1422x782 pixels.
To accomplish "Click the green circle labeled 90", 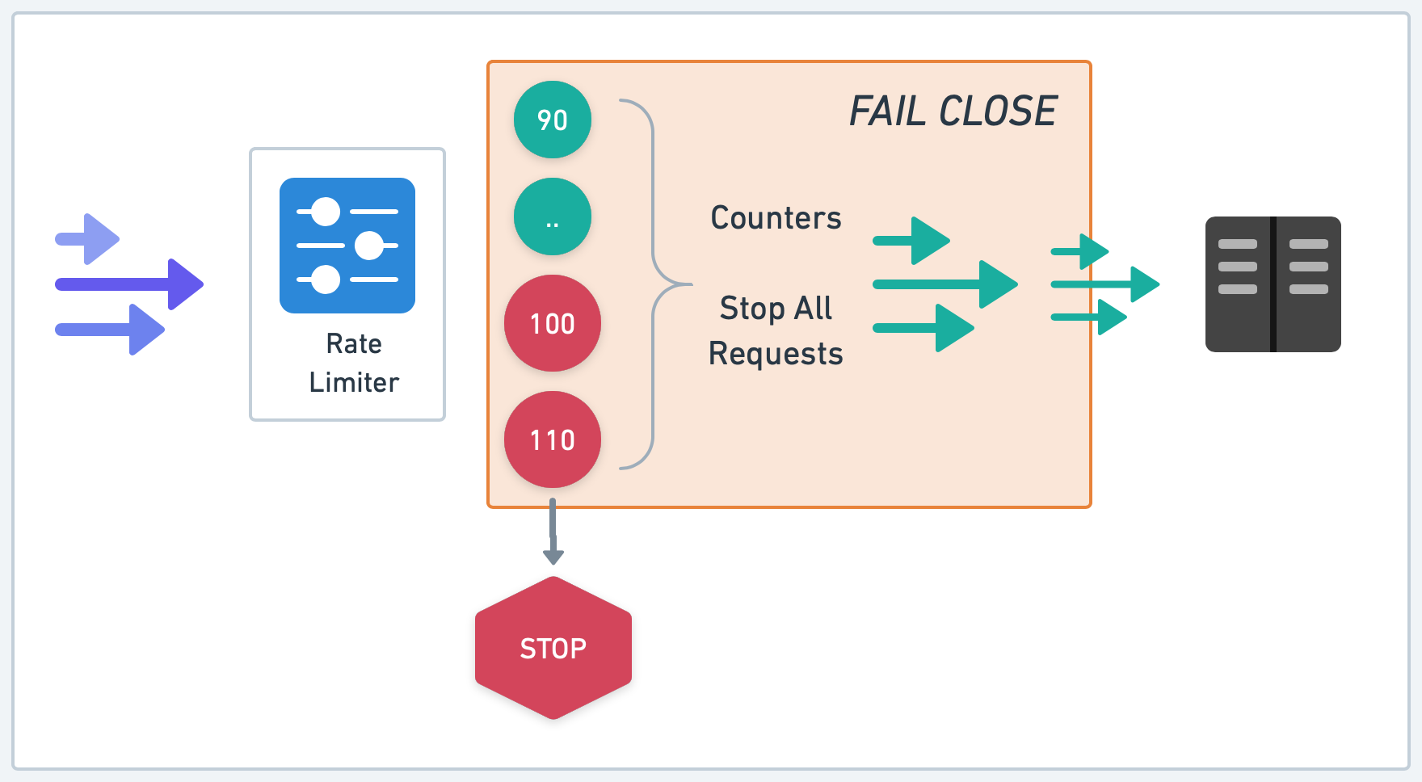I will click(x=553, y=120).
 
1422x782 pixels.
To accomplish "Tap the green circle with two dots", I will click(x=553, y=217).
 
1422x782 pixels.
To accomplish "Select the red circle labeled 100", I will click(x=553, y=323).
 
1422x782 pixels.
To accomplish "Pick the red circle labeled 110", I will click(x=553, y=439).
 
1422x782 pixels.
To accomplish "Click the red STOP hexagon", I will click(x=553, y=648).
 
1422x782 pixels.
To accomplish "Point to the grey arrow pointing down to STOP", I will click(x=553, y=533).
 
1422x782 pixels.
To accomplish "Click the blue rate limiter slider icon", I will click(x=347, y=246).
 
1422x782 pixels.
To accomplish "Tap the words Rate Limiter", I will click(x=354, y=363).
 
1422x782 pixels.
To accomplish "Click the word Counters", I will click(x=776, y=218).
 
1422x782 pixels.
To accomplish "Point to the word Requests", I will click(x=776, y=354).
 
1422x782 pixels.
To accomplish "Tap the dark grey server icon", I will click(x=1273, y=284).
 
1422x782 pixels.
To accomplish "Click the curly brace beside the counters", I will click(x=653, y=284).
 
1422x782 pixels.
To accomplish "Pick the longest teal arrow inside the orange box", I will click(x=945, y=284).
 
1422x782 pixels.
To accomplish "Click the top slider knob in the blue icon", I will click(x=326, y=212).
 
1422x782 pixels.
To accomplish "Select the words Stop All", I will click(x=776, y=309).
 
